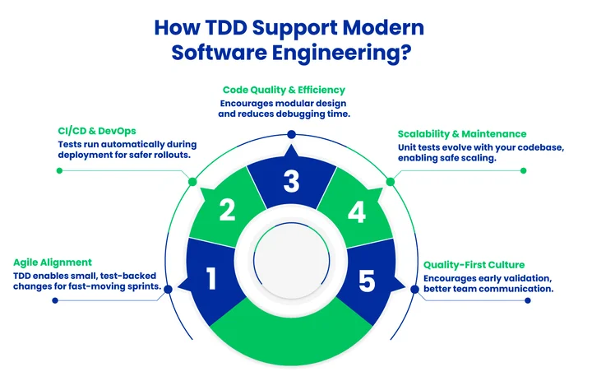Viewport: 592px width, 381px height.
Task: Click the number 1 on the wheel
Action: [210, 280]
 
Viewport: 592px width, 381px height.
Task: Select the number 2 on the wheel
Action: [228, 211]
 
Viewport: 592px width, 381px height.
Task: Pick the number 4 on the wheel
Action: [356, 212]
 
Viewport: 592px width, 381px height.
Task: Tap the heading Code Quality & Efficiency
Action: [284, 89]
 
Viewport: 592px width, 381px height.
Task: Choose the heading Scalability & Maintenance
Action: [461, 133]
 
